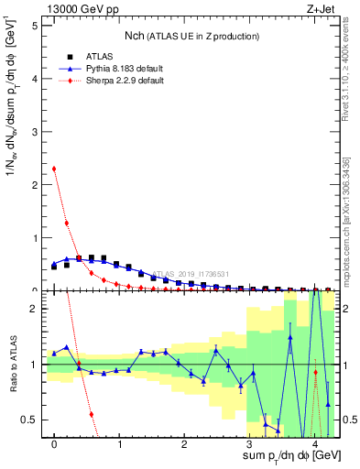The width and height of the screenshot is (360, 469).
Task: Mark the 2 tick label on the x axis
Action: (x=184, y=444)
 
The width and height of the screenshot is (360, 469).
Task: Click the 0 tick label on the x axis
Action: (x=54, y=444)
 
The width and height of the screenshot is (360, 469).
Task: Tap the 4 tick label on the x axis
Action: (x=314, y=444)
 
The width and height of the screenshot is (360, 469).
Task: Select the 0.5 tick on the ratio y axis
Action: (x=30, y=420)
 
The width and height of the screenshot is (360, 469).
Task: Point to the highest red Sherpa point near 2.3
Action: (x=54, y=169)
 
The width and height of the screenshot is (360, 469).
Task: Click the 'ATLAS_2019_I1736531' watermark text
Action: (x=191, y=274)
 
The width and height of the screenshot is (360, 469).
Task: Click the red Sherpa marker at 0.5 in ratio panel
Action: (x=92, y=414)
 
